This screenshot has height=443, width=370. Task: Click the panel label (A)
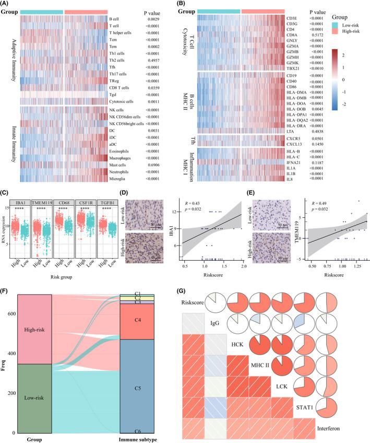[x=8, y=4]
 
